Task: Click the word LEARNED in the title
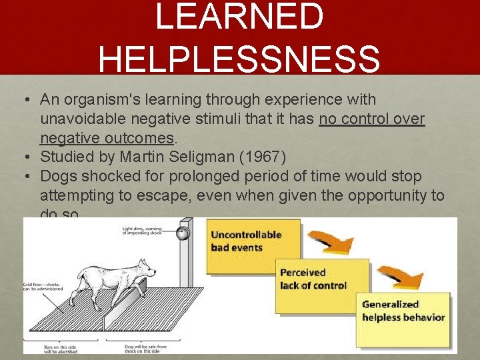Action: click(239, 17)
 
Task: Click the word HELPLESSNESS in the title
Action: click(239, 59)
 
